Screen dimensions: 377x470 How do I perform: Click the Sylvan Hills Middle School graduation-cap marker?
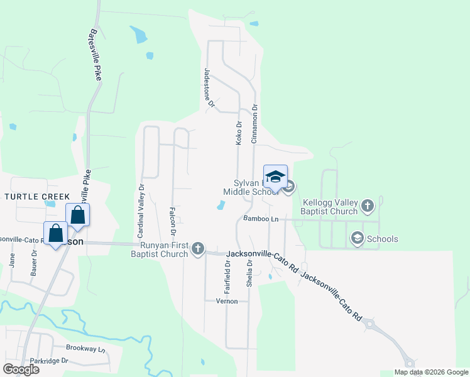click(x=276, y=176)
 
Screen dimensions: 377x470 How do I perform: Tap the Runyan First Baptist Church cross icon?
click(x=198, y=248)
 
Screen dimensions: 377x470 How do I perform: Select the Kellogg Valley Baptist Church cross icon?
click(x=368, y=205)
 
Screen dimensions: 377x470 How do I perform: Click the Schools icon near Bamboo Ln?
click(x=358, y=238)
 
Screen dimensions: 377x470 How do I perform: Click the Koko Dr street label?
click(x=239, y=133)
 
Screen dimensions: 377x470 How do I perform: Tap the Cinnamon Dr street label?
click(x=254, y=123)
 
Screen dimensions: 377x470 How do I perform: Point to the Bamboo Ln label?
click(x=261, y=219)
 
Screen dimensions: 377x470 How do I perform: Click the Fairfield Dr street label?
click(x=228, y=278)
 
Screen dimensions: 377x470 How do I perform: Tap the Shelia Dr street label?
click(x=249, y=276)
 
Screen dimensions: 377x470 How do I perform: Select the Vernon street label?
click(x=227, y=301)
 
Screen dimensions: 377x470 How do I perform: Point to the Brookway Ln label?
click(x=85, y=347)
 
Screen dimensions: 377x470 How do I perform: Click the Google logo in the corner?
click(x=21, y=369)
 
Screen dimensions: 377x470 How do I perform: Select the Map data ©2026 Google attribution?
click(x=430, y=372)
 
